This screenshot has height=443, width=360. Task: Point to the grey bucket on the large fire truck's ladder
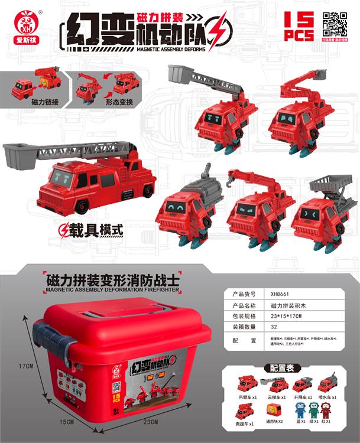20,155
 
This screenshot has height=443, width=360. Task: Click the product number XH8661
281,294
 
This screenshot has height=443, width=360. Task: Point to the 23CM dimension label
151,421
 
